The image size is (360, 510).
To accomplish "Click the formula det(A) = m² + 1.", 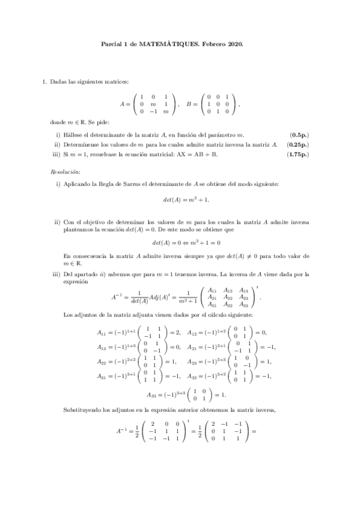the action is click(x=180, y=199).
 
